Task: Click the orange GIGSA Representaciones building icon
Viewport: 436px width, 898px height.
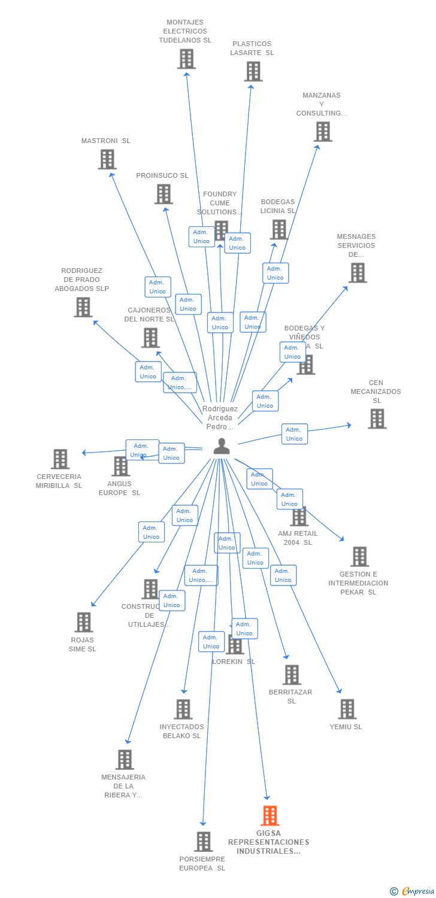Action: click(x=270, y=815)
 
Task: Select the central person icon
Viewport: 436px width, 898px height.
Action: click(x=222, y=447)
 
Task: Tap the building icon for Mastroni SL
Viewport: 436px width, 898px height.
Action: click(x=107, y=159)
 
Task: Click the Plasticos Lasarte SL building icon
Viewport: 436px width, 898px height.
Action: click(x=253, y=71)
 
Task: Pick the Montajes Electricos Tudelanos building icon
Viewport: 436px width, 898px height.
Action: click(x=186, y=59)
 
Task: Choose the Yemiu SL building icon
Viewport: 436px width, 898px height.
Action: click(x=347, y=709)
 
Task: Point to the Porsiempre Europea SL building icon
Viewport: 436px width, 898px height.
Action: click(x=204, y=841)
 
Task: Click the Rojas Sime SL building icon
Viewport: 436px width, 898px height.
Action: click(x=84, y=622)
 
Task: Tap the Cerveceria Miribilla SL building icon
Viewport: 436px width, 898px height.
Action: click(x=60, y=459)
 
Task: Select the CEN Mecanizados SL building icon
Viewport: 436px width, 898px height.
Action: click(x=377, y=419)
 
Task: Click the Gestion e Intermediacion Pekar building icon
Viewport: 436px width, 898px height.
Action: click(x=359, y=556)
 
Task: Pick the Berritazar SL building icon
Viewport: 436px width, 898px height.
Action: click(x=292, y=675)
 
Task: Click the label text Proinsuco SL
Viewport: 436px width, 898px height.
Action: click(x=162, y=175)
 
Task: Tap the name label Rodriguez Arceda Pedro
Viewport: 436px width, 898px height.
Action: click(x=220, y=418)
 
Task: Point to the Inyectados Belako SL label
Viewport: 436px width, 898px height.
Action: click(x=181, y=731)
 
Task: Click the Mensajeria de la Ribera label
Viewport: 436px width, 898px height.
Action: click(x=123, y=786)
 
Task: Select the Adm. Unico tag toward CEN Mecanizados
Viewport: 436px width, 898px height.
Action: click(x=294, y=434)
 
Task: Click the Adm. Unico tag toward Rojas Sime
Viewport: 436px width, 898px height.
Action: click(x=152, y=532)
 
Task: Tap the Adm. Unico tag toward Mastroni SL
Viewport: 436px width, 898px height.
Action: click(x=158, y=287)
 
